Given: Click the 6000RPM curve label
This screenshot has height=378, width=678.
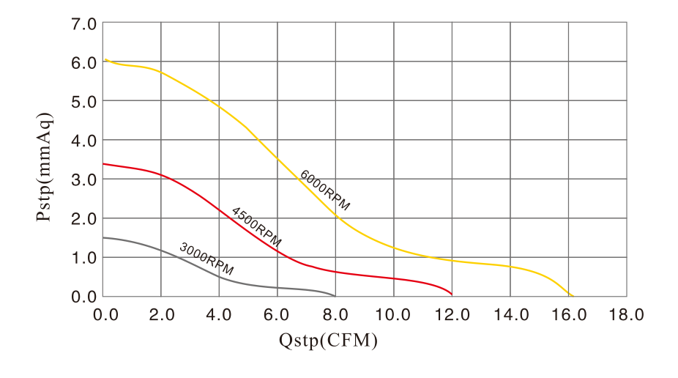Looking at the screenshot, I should point(324,190).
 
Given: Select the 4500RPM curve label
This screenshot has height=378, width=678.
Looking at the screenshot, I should point(256,226).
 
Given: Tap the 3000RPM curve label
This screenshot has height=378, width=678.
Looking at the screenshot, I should point(206,259).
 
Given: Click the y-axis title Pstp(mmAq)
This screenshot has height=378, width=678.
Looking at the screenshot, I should point(45,167).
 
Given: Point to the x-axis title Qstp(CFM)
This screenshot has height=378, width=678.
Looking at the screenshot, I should point(328,341).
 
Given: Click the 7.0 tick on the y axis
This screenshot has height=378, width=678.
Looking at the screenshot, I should point(83,24).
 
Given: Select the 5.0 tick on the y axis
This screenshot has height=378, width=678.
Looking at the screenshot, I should point(83,102).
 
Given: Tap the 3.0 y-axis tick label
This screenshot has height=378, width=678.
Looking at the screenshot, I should point(83,179).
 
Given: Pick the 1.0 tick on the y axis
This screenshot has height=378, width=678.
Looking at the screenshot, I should point(83,258).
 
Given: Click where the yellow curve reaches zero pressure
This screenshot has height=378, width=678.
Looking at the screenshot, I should point(572,296).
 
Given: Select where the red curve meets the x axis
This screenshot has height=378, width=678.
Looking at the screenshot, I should point(452,295).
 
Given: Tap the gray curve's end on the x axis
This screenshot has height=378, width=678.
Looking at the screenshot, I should point(335,296).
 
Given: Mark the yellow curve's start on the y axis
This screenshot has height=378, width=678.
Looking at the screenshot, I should point(105,59).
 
